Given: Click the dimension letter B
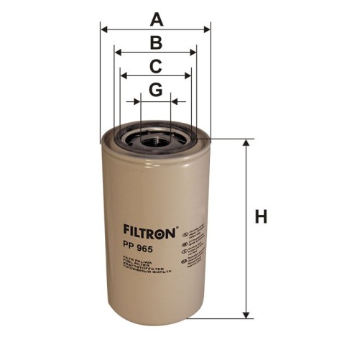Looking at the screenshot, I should click(x=155, y=42).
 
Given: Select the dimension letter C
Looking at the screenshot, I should click(x=155, y=66).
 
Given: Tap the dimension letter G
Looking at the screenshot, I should click(x=155, y=91).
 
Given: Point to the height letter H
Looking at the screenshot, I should click(x=261, y=217).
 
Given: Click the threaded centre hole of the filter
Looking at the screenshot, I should click(x=154, y=139).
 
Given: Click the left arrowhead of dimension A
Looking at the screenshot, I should click(x=104, y=29).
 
